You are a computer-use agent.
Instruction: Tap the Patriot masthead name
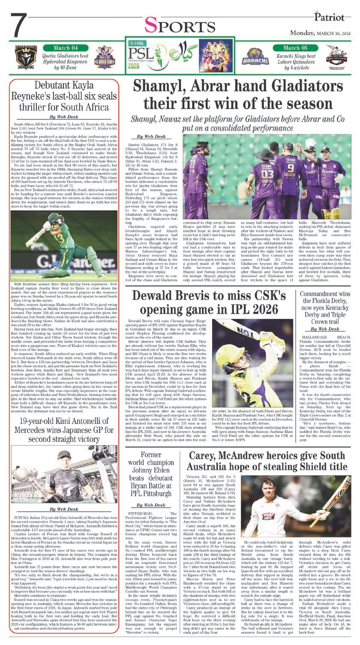329,17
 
